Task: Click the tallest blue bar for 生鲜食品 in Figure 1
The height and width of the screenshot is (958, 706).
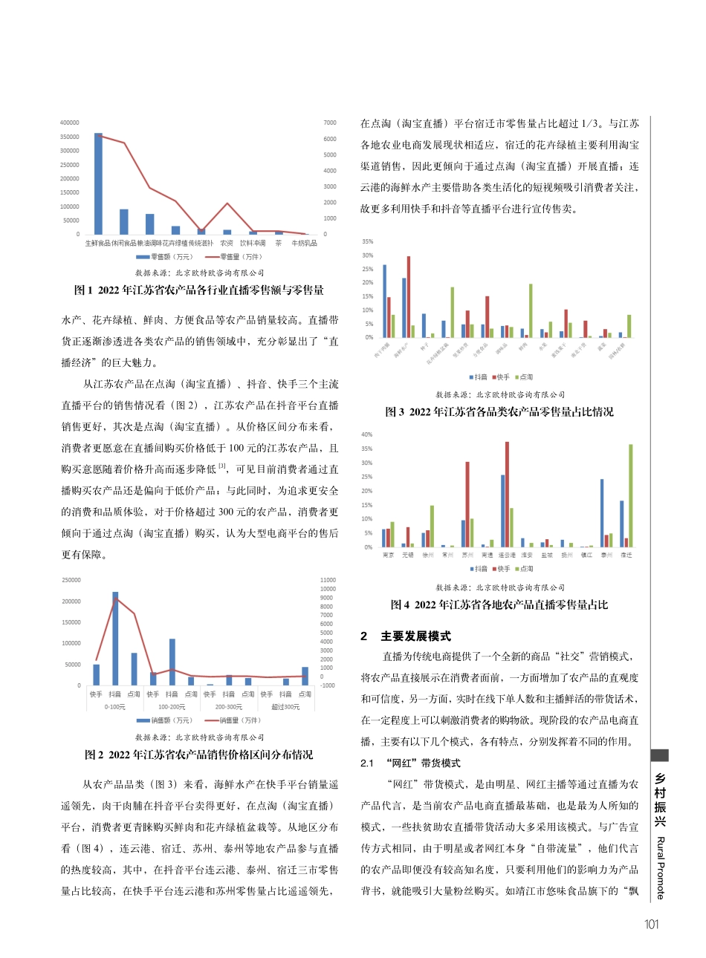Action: tap(98, 184)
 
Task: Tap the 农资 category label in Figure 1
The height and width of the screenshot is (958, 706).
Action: tap(227, 243)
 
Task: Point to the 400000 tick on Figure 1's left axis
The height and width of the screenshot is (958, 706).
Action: tap(70, 123)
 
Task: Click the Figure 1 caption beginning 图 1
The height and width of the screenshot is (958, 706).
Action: tap(199, 290)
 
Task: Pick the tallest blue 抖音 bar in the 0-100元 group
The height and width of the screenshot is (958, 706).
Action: tap(115, 639)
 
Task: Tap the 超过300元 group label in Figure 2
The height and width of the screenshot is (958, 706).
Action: tap(285, 707)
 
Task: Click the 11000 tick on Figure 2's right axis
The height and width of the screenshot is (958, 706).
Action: tap(328, 580)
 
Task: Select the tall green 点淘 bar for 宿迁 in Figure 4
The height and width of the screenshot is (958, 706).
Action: tap(631, 495)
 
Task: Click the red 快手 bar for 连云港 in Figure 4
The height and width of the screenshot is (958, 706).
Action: tap(508, 494)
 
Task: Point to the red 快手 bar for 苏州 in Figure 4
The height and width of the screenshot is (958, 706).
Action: tap(467, 504)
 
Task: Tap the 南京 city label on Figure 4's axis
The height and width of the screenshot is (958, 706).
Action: tap(388, 555)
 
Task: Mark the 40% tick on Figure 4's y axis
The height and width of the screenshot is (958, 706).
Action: tap(367, 434)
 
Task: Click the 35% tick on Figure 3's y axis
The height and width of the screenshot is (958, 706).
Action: tap(367, 241)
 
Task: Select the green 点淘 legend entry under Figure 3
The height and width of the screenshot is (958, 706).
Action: tap(523, 377)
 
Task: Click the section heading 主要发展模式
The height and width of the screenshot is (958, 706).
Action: tap(415, 636)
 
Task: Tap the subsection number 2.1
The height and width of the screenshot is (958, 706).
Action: tap(367, 763)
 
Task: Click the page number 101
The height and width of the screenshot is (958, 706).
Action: tap(652, 925)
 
